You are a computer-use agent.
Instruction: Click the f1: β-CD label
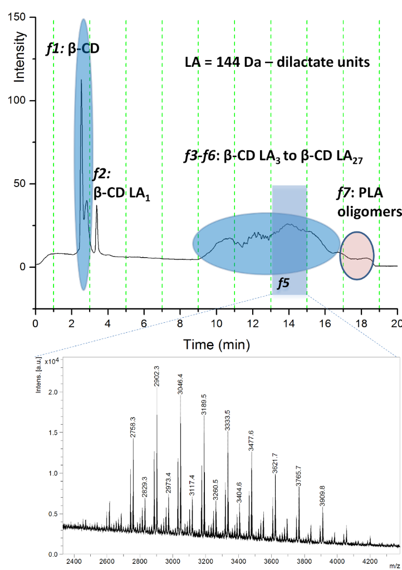[76, 50]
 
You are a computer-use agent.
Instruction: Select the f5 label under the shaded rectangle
[283, 283]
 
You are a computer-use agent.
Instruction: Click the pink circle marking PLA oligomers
[357, 256]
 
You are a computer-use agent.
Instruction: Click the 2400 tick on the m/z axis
[74, 558]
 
